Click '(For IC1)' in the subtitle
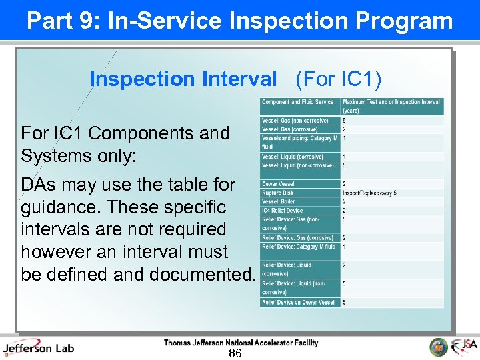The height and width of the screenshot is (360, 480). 339,79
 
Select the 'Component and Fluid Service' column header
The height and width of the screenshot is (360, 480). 297,102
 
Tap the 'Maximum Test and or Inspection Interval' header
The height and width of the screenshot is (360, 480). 391,105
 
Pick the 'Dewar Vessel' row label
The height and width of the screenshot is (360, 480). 278,183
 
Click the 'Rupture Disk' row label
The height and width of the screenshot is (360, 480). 277,193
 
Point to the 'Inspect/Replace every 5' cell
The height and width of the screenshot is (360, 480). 369,193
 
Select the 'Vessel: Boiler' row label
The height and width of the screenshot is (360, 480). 279,201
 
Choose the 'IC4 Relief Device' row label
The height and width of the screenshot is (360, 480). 282,210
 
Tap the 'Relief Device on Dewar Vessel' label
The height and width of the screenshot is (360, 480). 298,302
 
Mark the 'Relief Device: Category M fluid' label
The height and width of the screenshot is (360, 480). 299,246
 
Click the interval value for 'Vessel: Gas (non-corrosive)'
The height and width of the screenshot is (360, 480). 344,121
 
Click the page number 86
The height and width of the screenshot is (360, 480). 235,353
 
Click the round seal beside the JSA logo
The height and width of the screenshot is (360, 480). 439,347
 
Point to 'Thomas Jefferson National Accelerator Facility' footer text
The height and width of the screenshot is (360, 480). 241,343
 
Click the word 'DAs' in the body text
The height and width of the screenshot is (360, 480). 39,183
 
